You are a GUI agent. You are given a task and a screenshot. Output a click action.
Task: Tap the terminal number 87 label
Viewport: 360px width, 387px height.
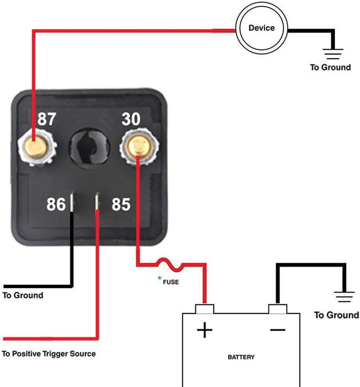(47, 119)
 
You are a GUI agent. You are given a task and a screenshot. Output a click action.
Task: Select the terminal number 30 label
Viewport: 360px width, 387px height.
(131, 119)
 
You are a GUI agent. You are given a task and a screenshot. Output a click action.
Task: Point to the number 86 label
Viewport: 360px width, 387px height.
(56, 204)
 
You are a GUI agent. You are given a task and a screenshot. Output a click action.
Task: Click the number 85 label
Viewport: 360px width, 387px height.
(121, 204)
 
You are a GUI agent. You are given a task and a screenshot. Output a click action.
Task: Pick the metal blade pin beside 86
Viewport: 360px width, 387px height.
(72, 202)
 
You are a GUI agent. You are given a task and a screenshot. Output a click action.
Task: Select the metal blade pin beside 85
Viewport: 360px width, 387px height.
(97, 202)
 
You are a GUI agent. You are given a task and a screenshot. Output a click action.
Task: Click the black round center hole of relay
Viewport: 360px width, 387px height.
(89, 147)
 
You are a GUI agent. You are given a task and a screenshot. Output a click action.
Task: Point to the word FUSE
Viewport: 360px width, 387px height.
(171, 282)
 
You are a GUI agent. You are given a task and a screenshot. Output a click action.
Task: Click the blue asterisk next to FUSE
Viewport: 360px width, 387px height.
(159, 278)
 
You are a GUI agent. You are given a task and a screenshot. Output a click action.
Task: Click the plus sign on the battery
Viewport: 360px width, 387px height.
(205, 330)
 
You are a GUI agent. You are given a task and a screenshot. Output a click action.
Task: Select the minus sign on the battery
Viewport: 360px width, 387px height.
(278, 330)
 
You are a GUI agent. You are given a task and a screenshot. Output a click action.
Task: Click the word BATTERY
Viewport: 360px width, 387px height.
(241, 357)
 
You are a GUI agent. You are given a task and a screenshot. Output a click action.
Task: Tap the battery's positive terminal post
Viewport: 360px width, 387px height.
(205, 309)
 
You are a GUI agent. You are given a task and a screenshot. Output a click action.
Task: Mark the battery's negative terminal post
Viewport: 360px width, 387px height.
(278, 309)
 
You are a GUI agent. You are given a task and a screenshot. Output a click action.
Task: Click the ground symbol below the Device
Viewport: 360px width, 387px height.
(333, 54)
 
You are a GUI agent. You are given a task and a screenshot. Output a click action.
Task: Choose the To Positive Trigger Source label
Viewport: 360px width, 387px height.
(49, 354)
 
